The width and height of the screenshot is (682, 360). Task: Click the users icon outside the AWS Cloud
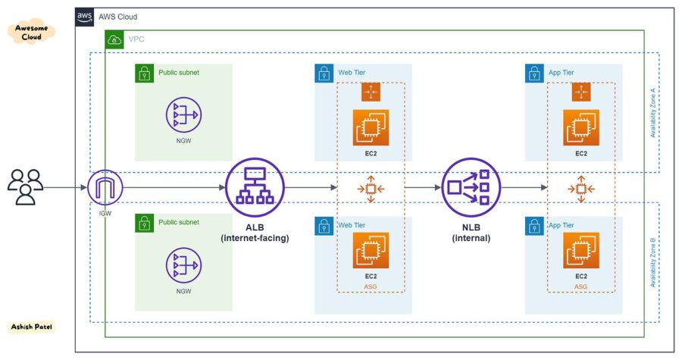click(25, 186)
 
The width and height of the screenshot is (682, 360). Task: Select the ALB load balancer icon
click(255, 186)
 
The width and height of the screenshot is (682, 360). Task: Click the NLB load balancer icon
click(471, 186)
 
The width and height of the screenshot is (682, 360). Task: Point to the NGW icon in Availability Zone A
click(183, 114)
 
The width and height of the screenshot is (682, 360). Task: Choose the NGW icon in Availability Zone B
click(183, 265)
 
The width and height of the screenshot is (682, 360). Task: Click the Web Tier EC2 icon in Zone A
click(371, 127)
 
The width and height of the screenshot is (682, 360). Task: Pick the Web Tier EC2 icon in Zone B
click(371, 250)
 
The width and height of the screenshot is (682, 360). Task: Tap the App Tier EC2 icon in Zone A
click(581, 127)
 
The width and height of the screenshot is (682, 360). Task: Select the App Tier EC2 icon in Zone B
click(581, 250)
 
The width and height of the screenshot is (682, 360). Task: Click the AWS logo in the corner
click(84, 17)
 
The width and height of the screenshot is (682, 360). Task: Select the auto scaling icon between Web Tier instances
click(371, 187)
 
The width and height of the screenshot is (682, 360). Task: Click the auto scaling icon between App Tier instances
click(581, 187)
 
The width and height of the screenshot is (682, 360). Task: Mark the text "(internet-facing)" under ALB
click(255, 238)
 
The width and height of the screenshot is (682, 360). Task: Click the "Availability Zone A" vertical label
click(652, 111)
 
